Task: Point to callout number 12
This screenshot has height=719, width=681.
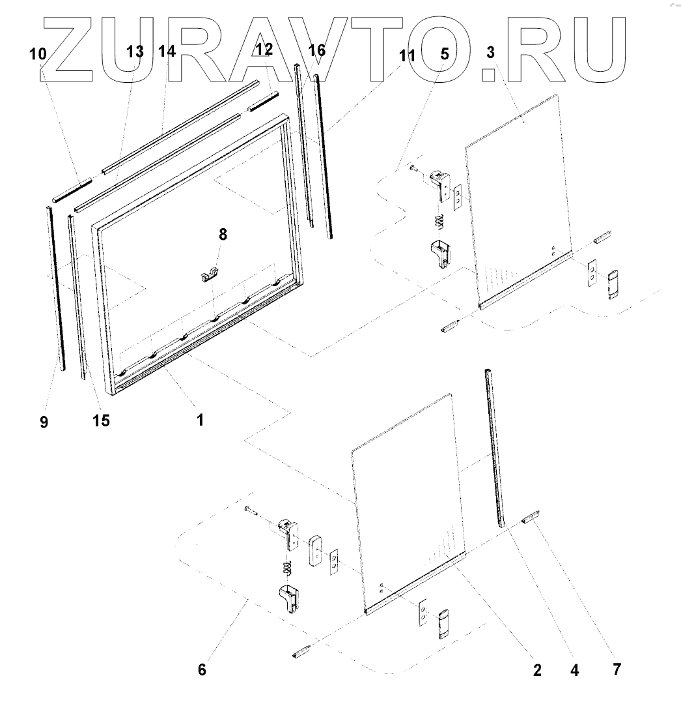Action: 264,48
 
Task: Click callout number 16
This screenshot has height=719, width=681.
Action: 316,50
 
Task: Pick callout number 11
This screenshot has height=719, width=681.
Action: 406,55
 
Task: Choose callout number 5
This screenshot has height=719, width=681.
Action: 445,53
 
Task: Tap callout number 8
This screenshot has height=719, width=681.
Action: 223,235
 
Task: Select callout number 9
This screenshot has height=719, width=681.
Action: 44,422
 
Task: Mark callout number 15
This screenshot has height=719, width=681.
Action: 101,421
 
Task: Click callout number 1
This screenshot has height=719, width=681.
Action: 201,420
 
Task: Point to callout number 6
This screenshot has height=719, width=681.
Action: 202,669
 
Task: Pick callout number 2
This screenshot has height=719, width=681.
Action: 537,671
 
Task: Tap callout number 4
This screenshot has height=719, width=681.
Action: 574,670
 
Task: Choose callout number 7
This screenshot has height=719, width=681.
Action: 617,669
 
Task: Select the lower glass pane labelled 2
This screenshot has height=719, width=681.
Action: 407,495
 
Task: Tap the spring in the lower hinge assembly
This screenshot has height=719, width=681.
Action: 287,568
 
